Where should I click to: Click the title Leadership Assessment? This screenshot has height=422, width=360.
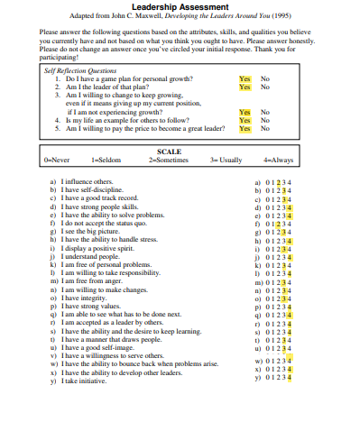click(179, 7)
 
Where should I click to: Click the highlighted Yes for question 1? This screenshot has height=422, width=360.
click(245, 79)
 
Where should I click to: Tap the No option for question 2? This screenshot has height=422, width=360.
click(265, 87)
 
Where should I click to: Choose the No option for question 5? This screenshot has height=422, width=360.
click(265, 128)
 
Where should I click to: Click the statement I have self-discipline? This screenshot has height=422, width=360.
click(94, 190)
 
